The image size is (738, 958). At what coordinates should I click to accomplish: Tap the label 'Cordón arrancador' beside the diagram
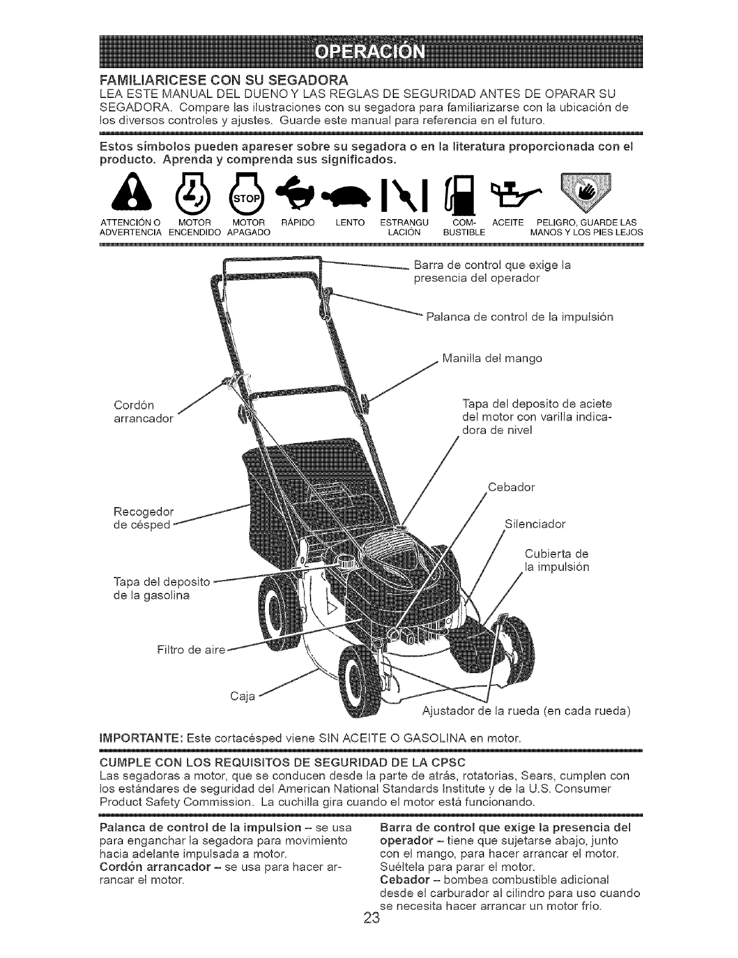(143, 411)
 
